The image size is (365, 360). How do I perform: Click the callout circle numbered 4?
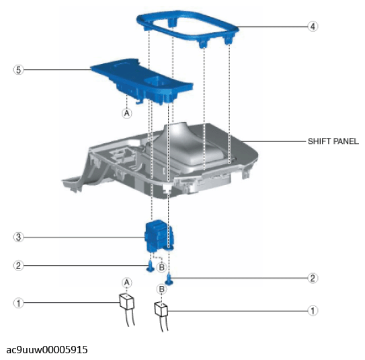[x=313, y=26]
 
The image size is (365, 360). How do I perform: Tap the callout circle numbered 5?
[x=18, y=70]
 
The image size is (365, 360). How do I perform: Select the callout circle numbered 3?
[x=18, y=238]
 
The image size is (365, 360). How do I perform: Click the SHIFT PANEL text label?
[x=333, y=141]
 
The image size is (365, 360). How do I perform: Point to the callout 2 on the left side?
[x=18, y=266]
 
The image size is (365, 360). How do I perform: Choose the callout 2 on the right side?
[x=313, y=278]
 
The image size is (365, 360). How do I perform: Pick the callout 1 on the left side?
[x=18, y=303]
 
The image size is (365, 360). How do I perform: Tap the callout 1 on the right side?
[x=313, y=311]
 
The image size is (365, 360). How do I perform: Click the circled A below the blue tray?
[x=126, y=113]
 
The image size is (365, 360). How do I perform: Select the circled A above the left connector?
[x=126, y=283]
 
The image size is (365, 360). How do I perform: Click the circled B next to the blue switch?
[x=161, y=267]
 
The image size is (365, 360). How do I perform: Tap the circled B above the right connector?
[x=161, y=289]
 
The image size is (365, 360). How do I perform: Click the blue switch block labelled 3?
[x=159, y=236]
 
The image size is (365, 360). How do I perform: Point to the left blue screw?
[x=151, y=266]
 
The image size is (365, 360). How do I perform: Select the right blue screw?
[x=169, y=280]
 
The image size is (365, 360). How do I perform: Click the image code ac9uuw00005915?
[x=47, y=350]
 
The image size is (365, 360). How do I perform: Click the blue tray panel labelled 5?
[x=142, y=79]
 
